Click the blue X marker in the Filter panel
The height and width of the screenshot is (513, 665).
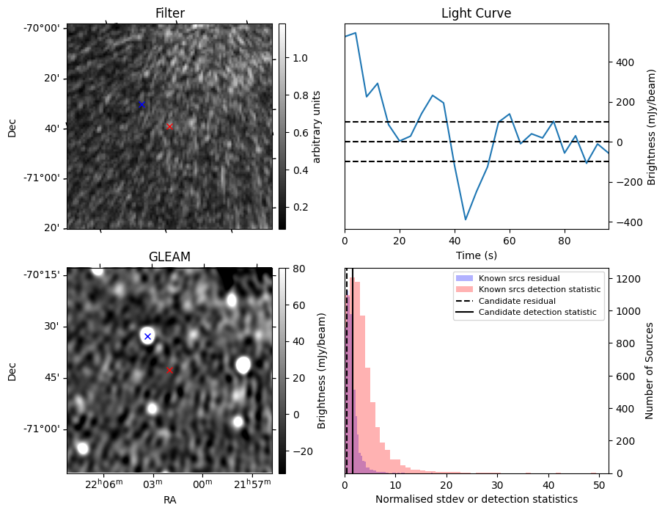pyautogui.click(x=142, y=104)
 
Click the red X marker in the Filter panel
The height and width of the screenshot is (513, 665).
pyautogui.click(x=170, y=126)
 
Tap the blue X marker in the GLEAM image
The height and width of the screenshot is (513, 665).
pyautogui.click(x=147, y=336)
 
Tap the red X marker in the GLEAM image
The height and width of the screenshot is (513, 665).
pyautogui.click(x=170, y=370)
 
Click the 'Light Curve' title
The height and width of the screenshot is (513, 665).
pyautogui.click(x=476, y=13)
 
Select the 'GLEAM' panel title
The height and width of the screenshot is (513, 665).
pyautogui.click(x=169, y=256)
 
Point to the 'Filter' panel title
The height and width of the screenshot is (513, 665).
pyautogui.click(x=169, y=13)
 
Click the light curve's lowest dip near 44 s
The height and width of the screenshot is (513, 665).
pyautogui.click(x=466, y=219)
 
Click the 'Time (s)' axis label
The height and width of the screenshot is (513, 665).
pyautogui.click(x=476, y=254)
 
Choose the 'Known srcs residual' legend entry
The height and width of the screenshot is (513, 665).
pyautogui.click(x=518, y=278)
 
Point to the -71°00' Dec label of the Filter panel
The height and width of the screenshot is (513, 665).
pyautogui.click(x=43, y=178)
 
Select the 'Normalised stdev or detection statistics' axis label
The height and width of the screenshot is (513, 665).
pyautogui.click(x=476, y=499)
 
